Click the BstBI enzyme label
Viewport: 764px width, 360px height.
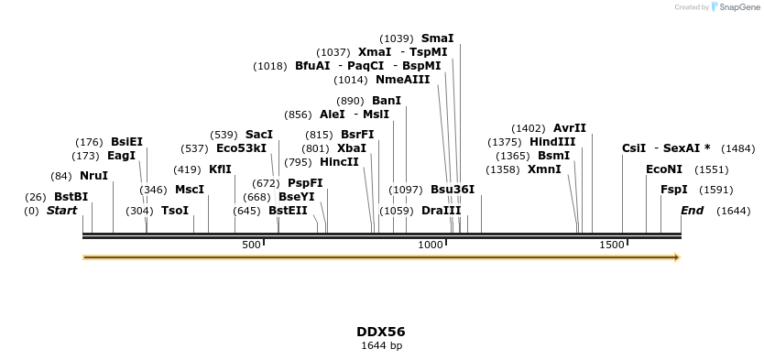71,197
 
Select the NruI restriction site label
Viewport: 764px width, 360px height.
93,176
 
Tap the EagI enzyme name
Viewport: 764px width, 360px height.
121,156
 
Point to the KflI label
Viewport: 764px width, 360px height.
220,169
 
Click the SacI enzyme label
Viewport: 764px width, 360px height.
259,135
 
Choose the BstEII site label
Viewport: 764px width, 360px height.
288,211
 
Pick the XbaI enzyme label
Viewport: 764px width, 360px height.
352,148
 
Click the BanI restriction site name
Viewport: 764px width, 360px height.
387,101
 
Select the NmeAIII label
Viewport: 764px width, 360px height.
402,80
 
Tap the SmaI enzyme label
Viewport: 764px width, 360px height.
437,38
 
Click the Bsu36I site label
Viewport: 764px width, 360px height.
453,190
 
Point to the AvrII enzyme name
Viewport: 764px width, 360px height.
570,128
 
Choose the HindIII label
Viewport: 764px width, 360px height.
552,142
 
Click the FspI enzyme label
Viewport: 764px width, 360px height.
674,190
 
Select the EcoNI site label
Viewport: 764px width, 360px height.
664,169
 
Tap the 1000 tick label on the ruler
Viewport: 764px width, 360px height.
431,245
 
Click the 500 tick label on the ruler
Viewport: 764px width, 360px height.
252,245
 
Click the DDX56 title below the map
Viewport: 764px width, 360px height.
381,332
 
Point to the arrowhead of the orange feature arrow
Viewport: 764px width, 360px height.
677,257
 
